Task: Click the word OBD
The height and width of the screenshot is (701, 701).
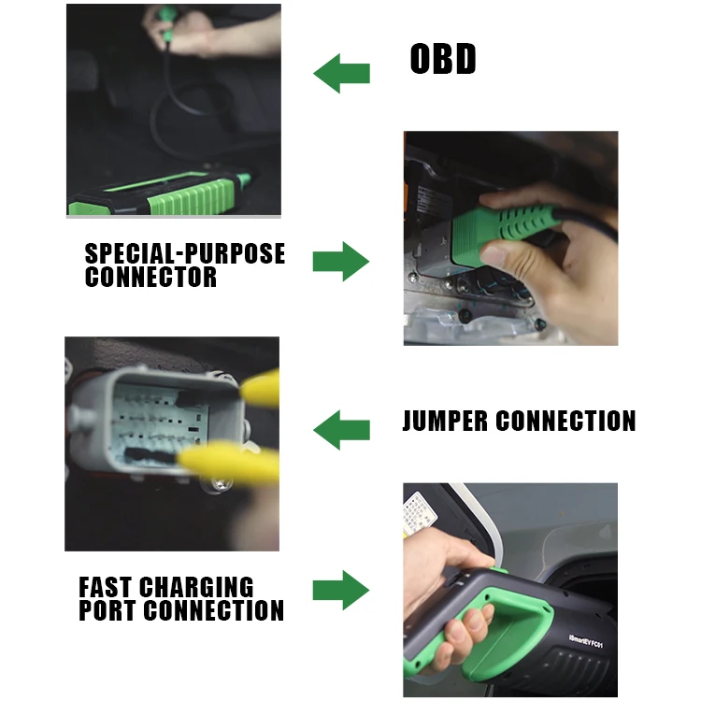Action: click(443, 60)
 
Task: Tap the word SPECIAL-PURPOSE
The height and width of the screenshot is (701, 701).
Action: click(185, 254)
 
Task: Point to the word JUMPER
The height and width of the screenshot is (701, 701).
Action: click(446, 422)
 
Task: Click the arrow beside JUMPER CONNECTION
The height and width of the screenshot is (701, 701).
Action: click(340, 431)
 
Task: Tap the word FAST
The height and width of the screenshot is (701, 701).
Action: click(105, 587)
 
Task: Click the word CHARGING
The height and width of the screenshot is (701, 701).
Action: click(196, 587)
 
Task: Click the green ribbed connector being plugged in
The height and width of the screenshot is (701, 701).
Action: click(519, 225)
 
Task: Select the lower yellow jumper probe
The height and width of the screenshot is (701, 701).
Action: click(229, 462)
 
